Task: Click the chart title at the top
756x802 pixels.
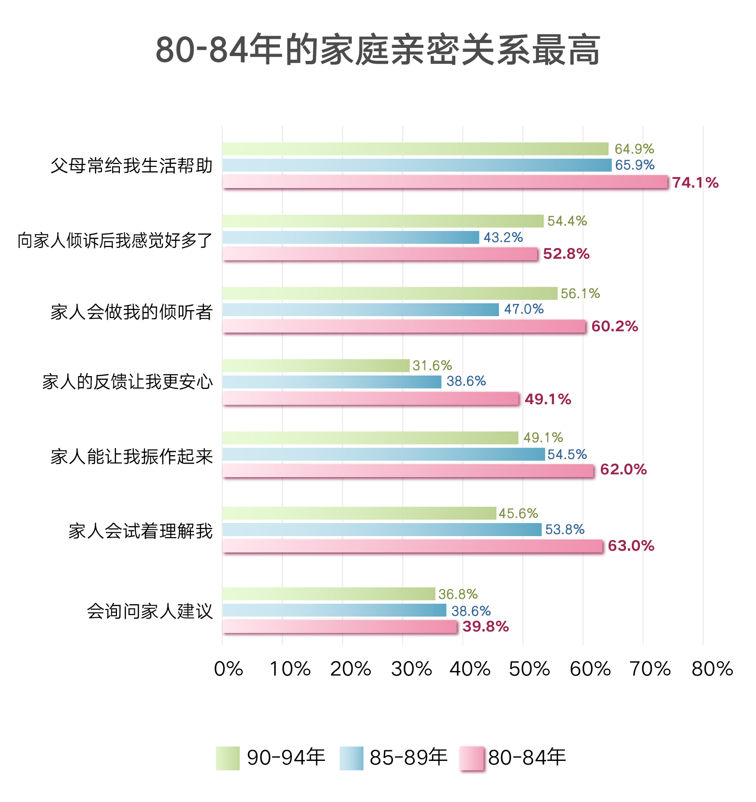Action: coord(378,50)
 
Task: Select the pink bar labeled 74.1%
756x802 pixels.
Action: coord(445,182)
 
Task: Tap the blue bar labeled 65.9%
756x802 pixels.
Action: coord(417,165)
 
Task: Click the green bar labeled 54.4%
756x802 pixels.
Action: coord(383,221)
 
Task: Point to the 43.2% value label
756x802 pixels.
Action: coord(503,237)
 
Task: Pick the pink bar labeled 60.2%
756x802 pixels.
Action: coord(404,326)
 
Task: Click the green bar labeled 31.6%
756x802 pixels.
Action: coord(316,365)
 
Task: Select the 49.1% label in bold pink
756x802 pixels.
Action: coord(548,399)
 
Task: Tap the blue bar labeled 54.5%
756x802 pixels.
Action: coord(383,454)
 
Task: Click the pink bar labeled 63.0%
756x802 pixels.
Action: coord(412,546)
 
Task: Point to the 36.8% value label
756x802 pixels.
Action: coord(458,594)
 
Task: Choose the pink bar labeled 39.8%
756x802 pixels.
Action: coord(340,627)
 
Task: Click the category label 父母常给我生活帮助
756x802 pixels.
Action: coord(131,166)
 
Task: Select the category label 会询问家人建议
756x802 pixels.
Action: coord(150,611)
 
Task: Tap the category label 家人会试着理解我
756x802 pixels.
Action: coord(141,531)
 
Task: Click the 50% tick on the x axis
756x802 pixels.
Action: coord(529,669)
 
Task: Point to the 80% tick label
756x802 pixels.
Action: coord(712,669)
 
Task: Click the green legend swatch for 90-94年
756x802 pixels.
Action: coord(228,758)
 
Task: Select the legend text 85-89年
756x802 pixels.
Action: coord(408,758)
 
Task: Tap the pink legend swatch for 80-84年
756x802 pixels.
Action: coord(472,758)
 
